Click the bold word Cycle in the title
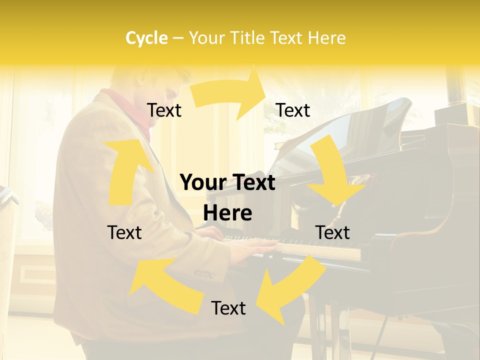tap(146, 38)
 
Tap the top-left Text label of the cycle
tap(164, 110)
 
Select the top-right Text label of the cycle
tap(293, 110)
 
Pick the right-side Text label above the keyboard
tap(332, 232)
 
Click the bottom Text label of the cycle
tap(228, 308)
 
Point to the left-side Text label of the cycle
tap(124, 232)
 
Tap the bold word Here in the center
tap(227, 213)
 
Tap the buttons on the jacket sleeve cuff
tap(205, 274)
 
